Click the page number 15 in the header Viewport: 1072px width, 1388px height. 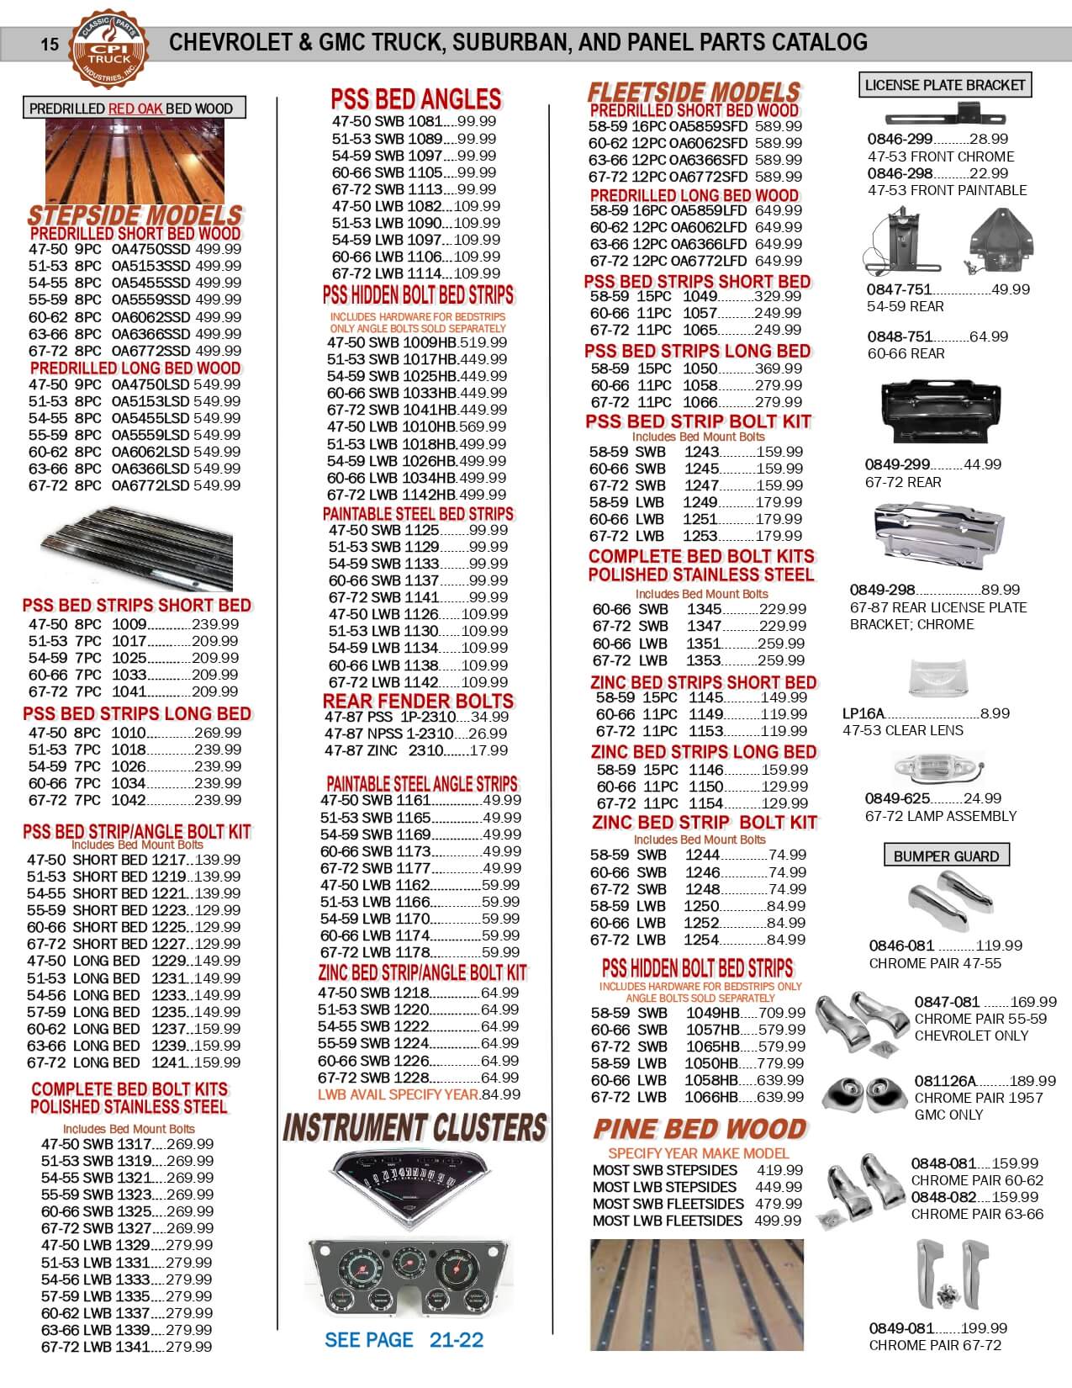(50, 44)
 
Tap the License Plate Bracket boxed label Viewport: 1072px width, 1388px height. (945, 85)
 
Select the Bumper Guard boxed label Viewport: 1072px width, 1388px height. (946, 856)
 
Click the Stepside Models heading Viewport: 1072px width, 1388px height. (135, 215)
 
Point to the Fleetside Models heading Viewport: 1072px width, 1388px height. (694, 92)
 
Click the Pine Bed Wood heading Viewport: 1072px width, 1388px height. (700, 1129)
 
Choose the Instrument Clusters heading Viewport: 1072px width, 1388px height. (415, 1127)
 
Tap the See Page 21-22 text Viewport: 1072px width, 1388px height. (404, 1340)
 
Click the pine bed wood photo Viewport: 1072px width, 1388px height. (697, 1295)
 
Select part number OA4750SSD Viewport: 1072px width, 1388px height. (151, 250)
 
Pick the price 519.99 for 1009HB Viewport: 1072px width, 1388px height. (483, 342)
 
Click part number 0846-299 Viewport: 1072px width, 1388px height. (900, 140)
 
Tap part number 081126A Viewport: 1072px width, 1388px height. (945, 1081)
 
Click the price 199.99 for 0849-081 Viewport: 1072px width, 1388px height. (985, 1328)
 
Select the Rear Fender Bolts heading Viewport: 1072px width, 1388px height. (418, 701)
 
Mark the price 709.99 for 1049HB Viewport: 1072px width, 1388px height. (782, 1013)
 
